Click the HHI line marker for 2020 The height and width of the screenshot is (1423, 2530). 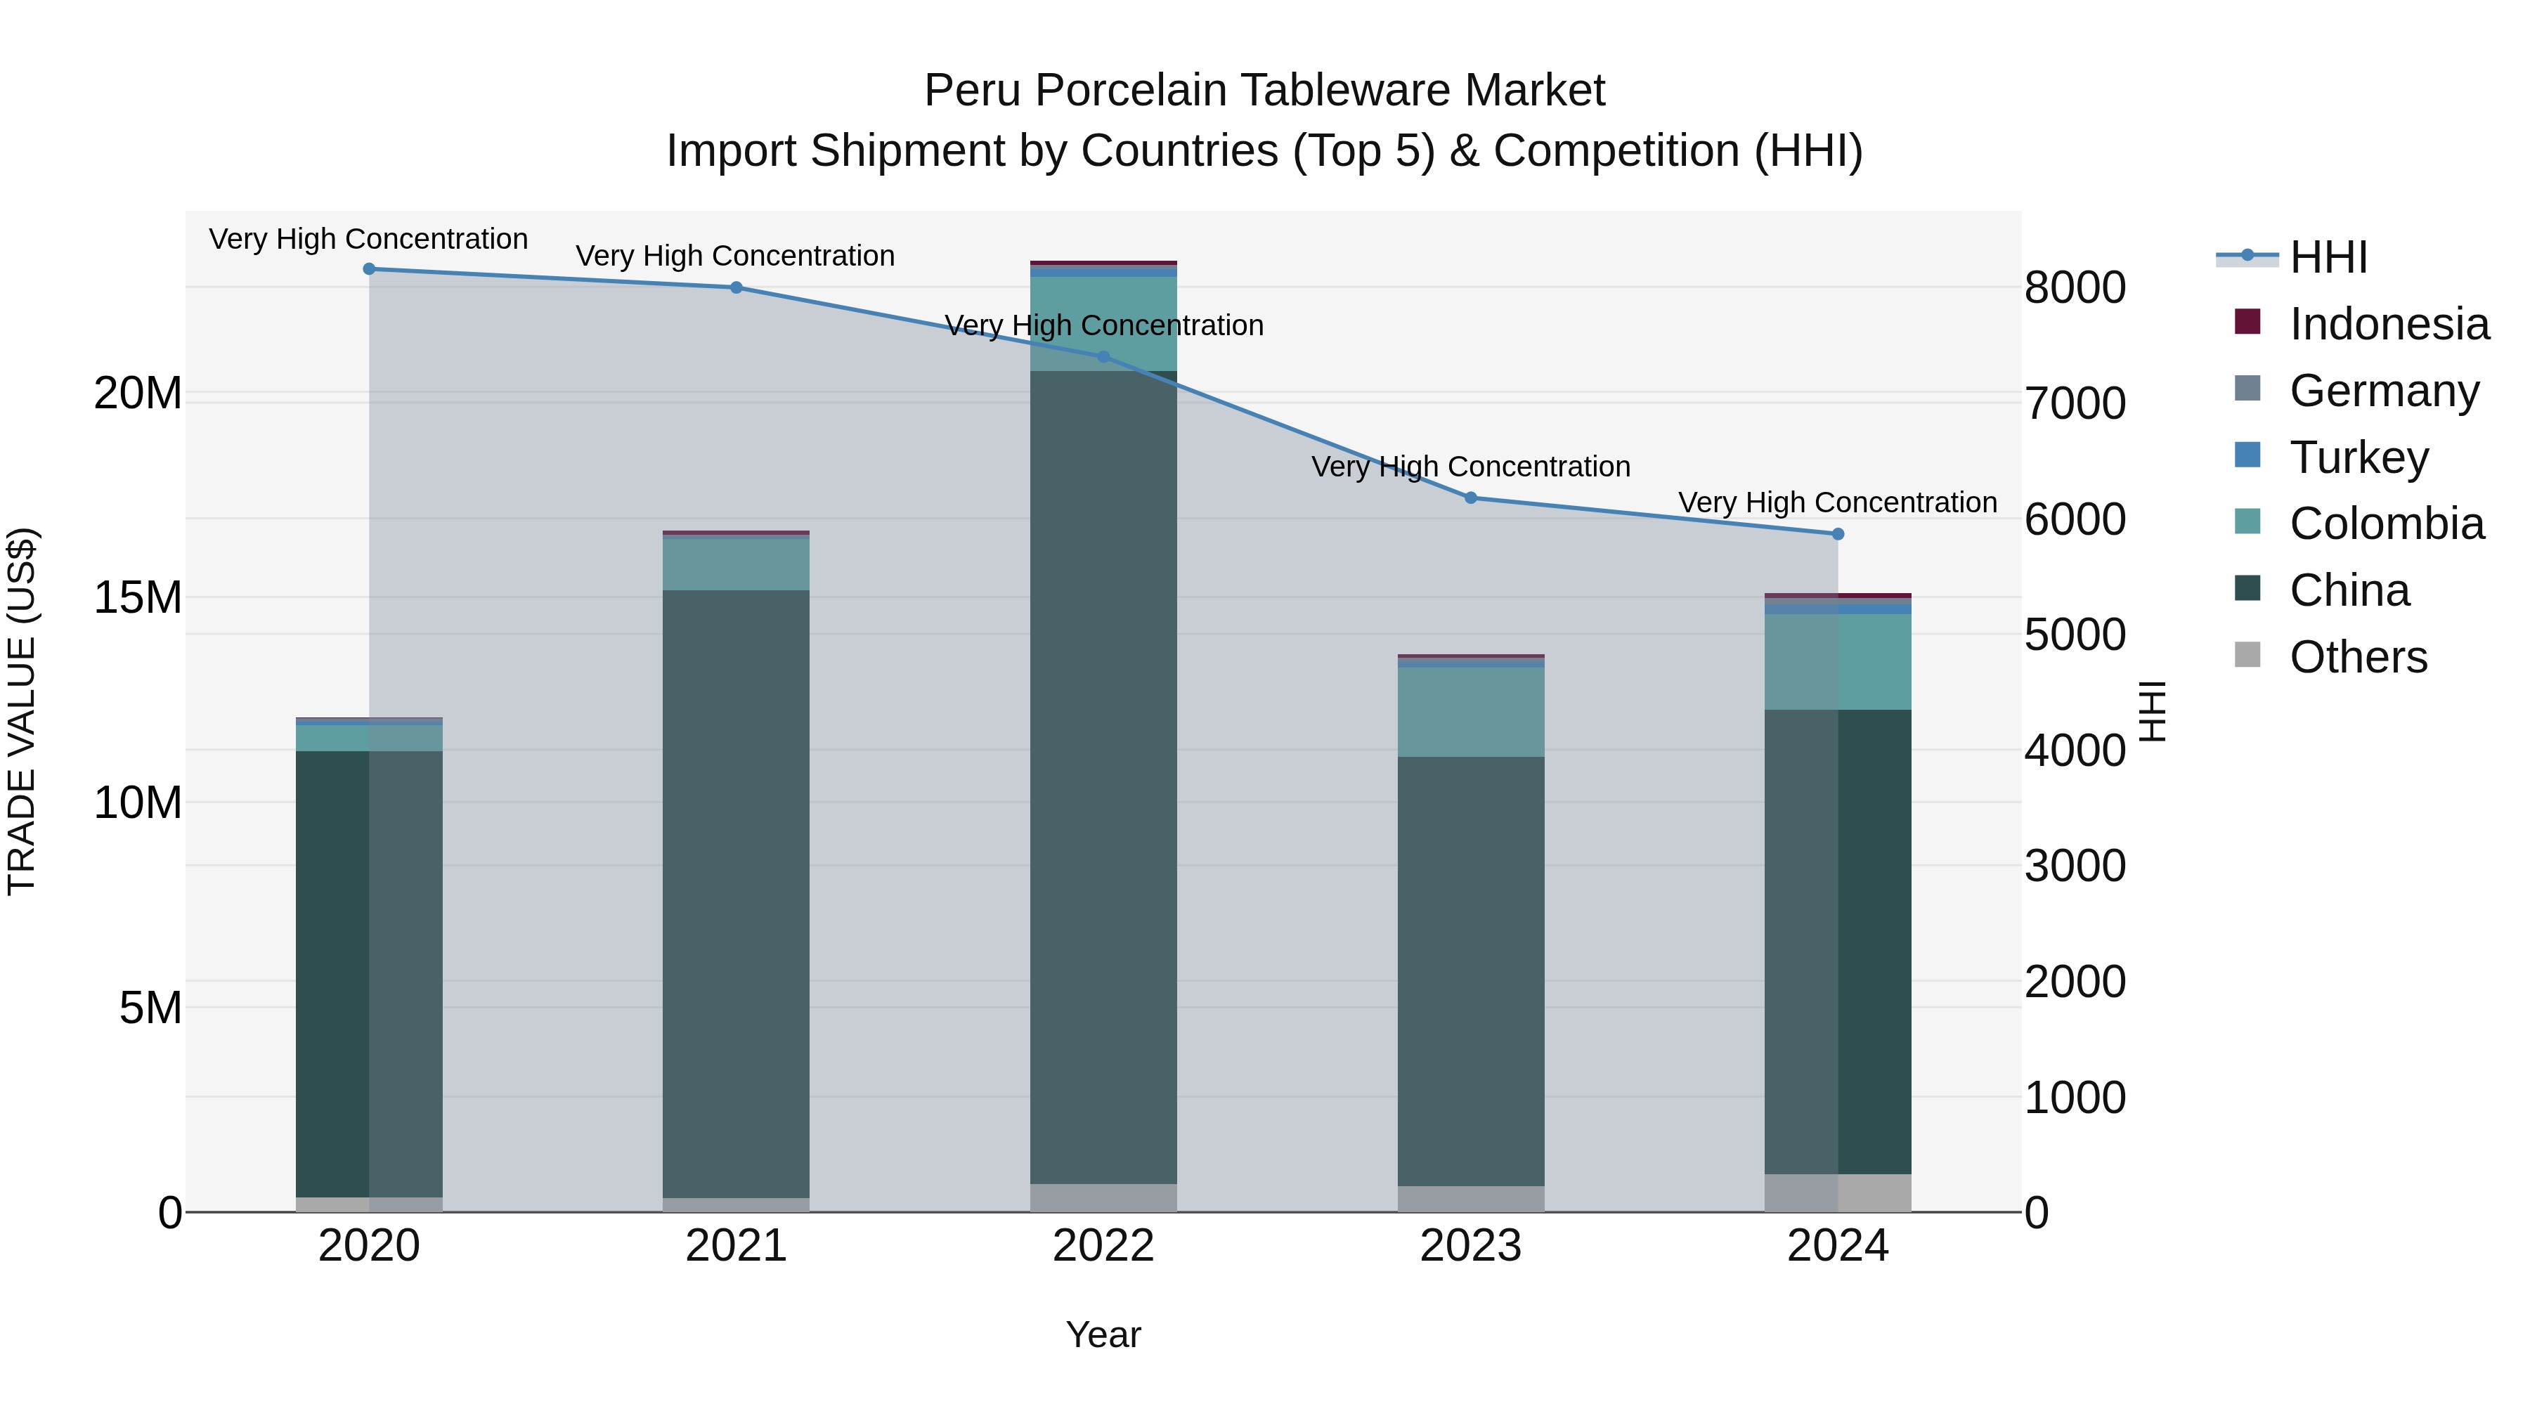[369, 269]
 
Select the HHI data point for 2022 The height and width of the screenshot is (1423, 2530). [1103, 358]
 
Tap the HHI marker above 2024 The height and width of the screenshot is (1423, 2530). [1838, 534]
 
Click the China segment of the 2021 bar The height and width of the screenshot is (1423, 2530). [736, 894]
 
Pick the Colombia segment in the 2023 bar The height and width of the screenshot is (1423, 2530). [1470, 712]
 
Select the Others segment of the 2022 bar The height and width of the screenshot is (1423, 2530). [1103, 1197]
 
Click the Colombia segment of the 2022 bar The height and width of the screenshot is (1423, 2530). [1103, 323]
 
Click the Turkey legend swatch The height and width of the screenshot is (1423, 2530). [2247, 455]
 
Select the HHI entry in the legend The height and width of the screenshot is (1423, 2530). [2328, 257]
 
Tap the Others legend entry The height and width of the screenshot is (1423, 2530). [2357, 657]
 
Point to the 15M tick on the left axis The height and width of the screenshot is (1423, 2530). [138, 598]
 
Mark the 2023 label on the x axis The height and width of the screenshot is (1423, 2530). [1470, 1246]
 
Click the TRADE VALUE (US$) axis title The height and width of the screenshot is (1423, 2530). [22, 711]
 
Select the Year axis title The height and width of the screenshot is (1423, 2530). [1103, 1334]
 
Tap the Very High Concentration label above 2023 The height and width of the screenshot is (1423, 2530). [1470, 467]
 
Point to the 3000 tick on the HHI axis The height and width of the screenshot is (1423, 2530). [2075, 866]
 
